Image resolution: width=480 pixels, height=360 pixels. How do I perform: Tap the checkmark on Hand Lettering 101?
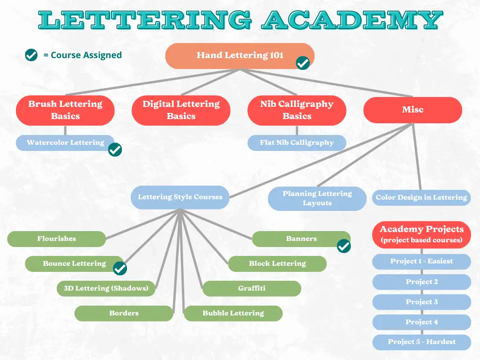tap(303, 63)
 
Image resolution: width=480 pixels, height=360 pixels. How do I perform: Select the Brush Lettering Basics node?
tap(65, 111)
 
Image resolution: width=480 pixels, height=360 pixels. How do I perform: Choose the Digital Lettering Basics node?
tap(181, 111)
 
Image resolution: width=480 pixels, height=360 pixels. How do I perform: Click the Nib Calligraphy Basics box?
tap(297, 111)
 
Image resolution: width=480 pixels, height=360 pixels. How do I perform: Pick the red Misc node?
tap(412, 110)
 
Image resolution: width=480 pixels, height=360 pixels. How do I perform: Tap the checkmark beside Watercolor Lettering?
tap(115, 150)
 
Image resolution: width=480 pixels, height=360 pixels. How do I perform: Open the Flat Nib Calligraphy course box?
tap(297, 142)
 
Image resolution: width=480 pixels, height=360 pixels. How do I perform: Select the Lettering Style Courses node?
tap(180, 197)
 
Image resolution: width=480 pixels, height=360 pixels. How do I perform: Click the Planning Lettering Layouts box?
tap(317, 199)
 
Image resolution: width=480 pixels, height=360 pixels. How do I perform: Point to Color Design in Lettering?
tap(421, 197)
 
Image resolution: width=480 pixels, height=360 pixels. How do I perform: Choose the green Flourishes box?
tap(56, 239)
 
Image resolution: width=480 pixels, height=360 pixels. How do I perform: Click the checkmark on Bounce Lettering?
tap(120, 269)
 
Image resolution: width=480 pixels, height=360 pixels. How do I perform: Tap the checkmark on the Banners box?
tap(344, 246)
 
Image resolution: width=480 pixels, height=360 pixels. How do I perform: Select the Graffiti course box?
tap(252, 289)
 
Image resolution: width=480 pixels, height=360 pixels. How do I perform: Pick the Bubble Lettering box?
tap(233, 314)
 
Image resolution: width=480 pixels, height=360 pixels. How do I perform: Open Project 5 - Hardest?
tap(421, 342)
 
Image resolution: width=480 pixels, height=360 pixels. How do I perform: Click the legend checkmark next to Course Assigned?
tap(31, 55)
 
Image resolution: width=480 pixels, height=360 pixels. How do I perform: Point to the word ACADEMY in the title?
tap(352, 20)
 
